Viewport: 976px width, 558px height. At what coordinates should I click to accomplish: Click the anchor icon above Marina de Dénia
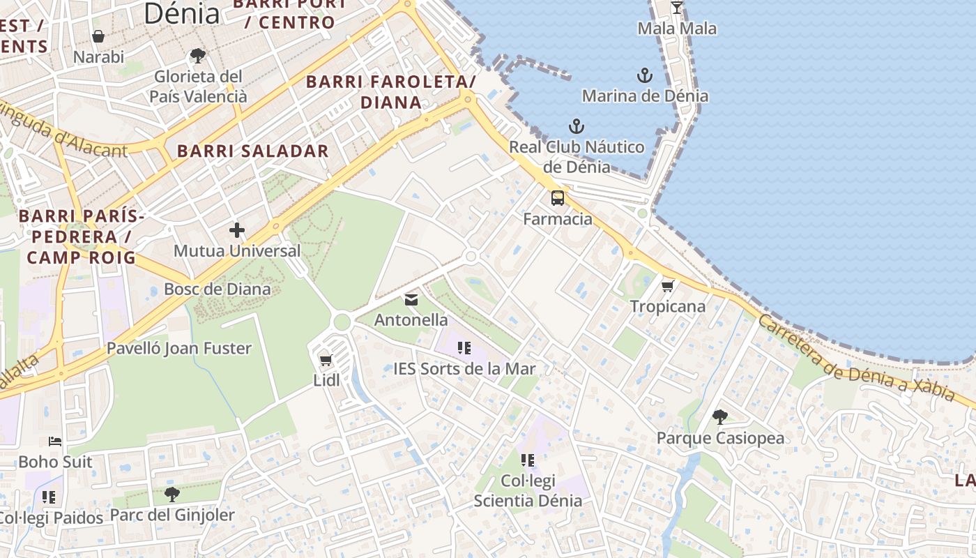tap(645, 75)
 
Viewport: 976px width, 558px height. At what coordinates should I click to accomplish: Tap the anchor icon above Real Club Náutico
tap(576, 126)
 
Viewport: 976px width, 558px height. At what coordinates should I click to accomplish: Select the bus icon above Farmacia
tap(558, 198)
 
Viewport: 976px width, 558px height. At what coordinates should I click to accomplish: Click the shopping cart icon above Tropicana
tap(667, 286)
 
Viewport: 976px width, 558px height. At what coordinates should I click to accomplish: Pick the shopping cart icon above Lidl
tap(326, 361)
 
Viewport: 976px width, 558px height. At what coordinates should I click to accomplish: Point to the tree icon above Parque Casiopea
tap(720, 417)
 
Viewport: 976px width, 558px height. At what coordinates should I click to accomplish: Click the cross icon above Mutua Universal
tap(237, 229)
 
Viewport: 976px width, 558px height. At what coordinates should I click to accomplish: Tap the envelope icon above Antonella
tap(411, 300)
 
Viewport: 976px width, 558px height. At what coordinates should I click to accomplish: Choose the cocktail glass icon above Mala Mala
tap(676, 8)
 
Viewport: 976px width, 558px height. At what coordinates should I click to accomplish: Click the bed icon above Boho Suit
tap(55, 441)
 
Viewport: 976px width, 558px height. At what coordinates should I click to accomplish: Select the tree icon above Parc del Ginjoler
tap(171, 495)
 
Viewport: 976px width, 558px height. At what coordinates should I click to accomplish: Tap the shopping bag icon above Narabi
tap(98, 36)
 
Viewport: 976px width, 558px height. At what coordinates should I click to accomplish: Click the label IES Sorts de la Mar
tap(464, 369)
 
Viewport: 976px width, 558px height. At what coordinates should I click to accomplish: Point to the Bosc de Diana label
tap(218, 289)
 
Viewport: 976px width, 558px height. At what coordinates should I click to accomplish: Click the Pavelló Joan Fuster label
tap(179, 348)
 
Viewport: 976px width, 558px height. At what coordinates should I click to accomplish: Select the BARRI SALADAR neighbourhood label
tap(252, 151)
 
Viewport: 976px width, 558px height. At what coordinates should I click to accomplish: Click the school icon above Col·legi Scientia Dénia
tap(528, 460)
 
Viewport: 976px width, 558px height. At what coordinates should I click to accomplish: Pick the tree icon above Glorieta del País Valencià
tap(198, 55)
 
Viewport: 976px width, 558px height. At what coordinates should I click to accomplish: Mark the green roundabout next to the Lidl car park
tap(342, 322)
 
